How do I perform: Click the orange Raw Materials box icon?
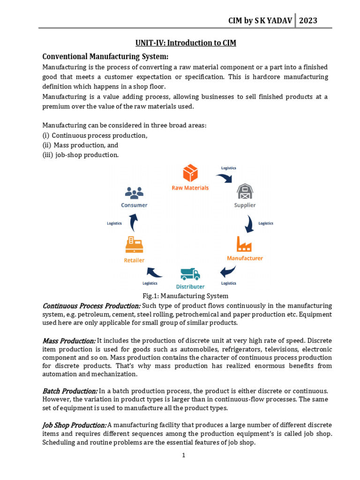click(x=190, y=173)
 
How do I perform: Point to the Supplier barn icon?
click(x=245, y=191)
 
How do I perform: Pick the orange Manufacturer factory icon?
click(x=244, y=244)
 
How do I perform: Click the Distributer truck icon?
click(x=190, y=274)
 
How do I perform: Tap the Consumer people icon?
click(x=134, y=192)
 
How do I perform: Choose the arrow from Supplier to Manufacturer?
click(x=250, y=224)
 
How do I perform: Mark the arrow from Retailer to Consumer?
click(x=134, y=223)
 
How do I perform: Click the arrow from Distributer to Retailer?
click(x=154, y=271)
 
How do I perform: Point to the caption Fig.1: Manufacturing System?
click(x=185, y=296)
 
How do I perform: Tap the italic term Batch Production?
click(x=70, y=390)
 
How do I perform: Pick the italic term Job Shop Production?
click(x=74, y=425)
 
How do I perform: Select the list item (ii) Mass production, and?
click(x=80, y=145)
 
